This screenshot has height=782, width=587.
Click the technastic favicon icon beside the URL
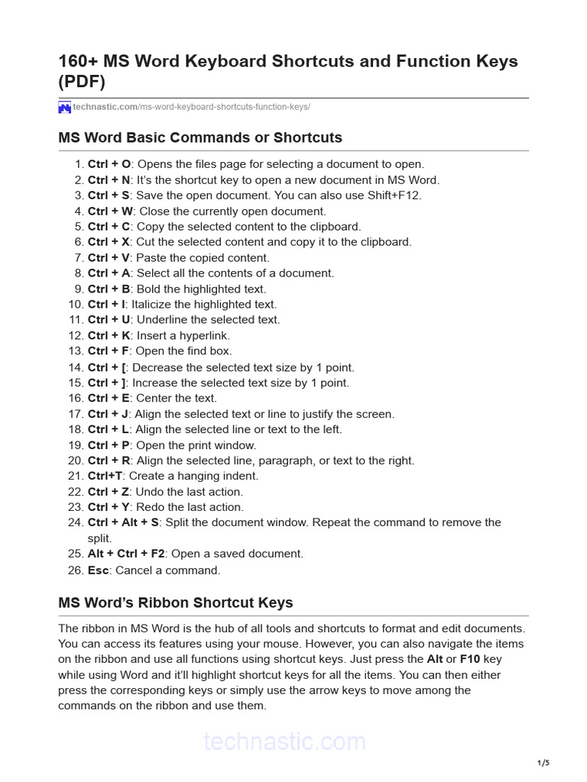tap(64, 108)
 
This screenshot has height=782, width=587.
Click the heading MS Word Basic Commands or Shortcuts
tap(200, 138)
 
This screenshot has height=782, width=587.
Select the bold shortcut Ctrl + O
tap(109, 164)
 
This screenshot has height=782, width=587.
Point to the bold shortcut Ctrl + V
tap(109, 258)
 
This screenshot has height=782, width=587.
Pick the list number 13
tap(75, 351)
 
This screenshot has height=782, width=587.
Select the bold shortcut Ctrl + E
tap(109, 398)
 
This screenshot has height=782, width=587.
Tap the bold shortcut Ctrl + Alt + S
tap(123, 522)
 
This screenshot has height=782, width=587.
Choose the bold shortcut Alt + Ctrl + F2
tap(126, 554)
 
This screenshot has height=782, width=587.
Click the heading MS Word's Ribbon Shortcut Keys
tap(176, 603)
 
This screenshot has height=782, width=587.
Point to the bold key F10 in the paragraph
tap(470, 659)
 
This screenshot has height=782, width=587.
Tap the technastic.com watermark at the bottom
tap(284, 742)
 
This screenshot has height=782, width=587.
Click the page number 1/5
tap(543, 763)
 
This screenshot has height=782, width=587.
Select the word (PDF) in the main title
tap(82, 82)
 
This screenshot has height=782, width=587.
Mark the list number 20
tap(75, 460)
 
